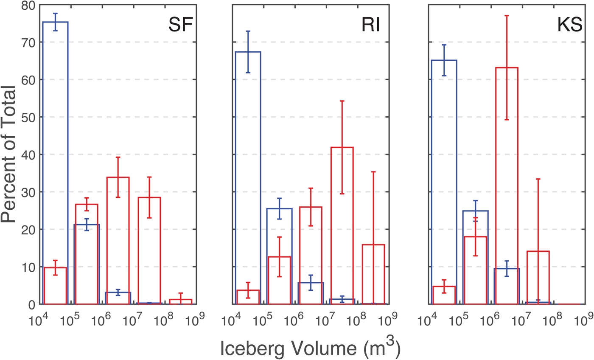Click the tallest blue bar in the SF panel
point(56,127)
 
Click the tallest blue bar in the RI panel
point(248,149)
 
